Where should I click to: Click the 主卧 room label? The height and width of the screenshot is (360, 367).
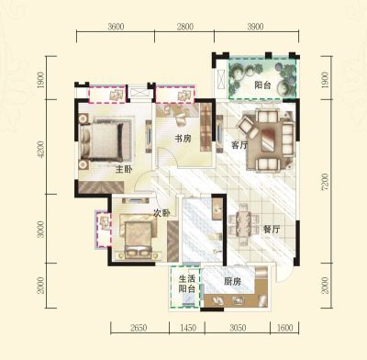coord(124,169)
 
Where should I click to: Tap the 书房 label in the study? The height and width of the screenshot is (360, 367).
coord(183,139)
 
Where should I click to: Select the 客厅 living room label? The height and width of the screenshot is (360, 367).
coord(239,145)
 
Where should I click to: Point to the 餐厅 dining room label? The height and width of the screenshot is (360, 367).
coord(272,230)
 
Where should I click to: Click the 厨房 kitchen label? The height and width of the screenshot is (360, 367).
coord(232,281)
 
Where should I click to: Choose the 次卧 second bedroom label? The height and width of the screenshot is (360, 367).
coord(161,213)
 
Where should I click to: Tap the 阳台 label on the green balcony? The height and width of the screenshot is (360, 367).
coord(263,84)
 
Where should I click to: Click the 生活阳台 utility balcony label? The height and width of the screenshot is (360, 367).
coord(187,284)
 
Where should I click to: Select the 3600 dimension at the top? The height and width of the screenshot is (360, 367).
coord(116,27)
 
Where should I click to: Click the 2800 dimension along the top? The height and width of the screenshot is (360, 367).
coord(185,27)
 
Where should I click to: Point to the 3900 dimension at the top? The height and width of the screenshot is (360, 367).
coord(255,27)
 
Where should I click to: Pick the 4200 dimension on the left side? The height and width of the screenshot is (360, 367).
coord(40,150)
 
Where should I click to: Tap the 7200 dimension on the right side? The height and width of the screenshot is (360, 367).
coord(325,182)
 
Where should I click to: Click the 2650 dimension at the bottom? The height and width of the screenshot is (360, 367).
coord(139,328)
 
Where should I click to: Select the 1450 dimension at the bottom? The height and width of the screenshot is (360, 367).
coord(188,328)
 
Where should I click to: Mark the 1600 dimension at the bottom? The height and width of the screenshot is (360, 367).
coord(284,328)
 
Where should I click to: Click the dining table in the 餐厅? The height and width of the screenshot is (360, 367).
coord(243,224)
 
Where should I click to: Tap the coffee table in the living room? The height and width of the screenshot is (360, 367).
coord(268,140)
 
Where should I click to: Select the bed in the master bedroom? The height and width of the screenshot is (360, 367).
coord(102,141)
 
